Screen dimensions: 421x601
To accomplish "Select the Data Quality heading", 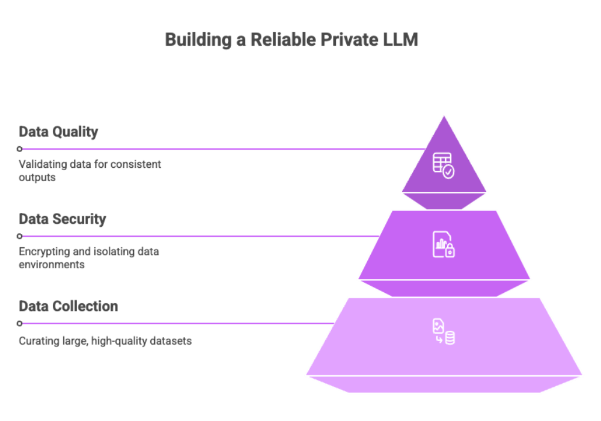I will click(x=58, y=132).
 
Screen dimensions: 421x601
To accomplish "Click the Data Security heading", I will click(x=63, y=219).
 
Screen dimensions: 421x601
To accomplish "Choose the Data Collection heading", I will click(x=69, y=306).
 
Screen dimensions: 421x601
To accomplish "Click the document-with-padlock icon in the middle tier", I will click(x=444, y=244).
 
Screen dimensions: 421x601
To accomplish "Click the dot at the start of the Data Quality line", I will click(x=20, y=149).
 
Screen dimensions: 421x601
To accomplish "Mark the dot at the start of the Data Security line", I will click(x=20, y=236).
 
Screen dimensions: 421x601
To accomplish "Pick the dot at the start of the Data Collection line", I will click(x=20, y=323).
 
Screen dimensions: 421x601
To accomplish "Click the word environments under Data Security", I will click(x=51, y=265).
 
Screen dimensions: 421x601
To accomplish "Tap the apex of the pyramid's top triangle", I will click(x=444, y=115).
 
